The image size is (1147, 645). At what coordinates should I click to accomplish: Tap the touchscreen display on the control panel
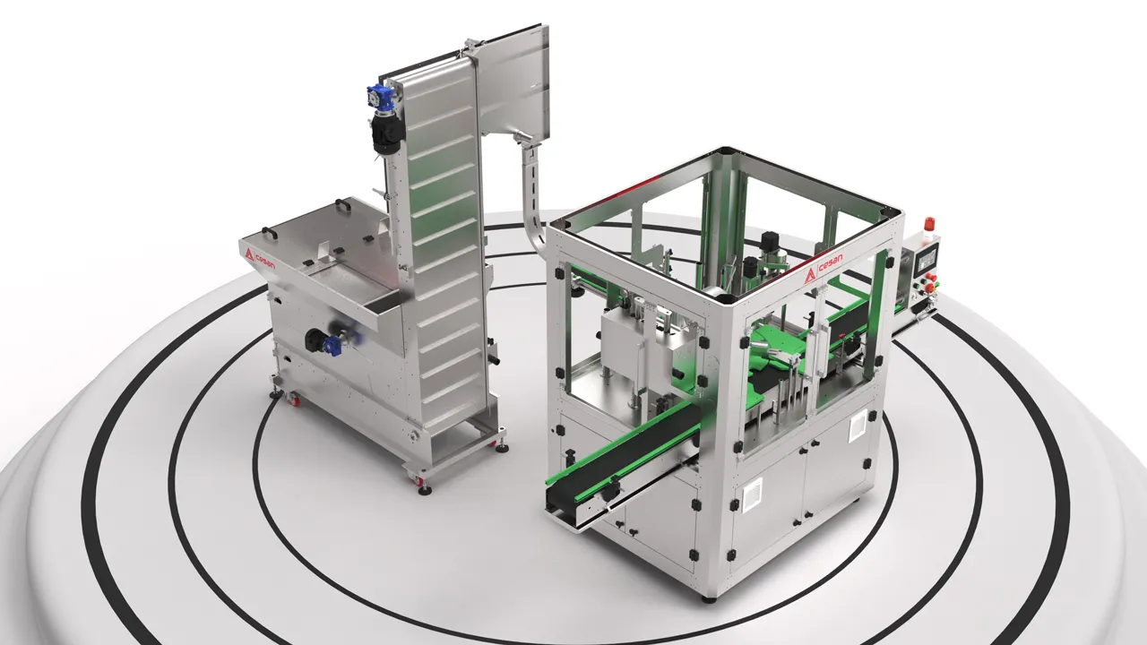click(x=927, y=259)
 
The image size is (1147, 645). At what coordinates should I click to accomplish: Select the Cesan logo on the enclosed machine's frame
click(x=824, y=268)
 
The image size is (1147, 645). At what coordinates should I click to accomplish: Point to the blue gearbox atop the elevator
click(x=379, y=96)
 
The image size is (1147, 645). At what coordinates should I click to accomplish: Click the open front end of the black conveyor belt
click(x=562, y=501)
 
